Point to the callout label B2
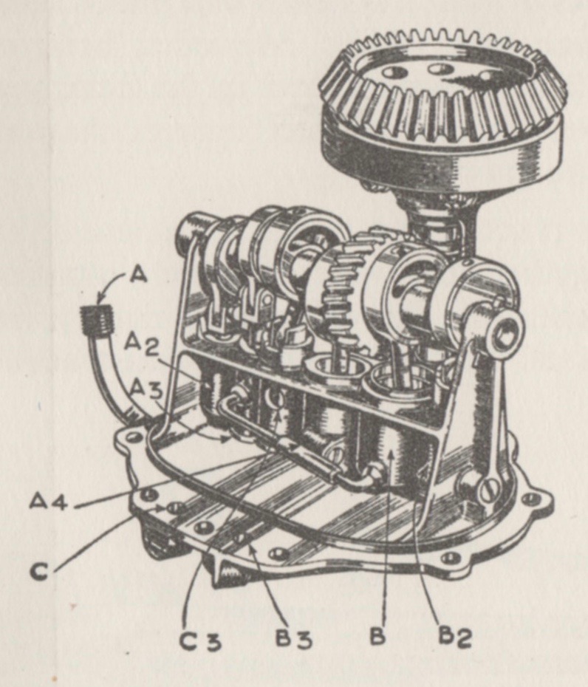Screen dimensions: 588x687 click(454, 640)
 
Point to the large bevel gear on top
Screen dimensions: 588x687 click(442, 107)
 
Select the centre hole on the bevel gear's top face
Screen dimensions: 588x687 click(440, 69)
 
